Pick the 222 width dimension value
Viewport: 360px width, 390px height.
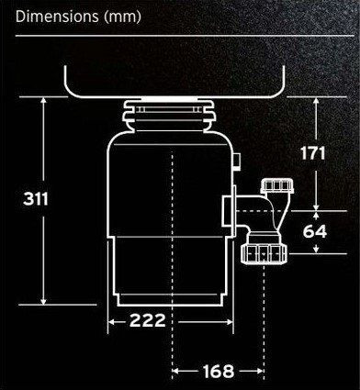point(147,320)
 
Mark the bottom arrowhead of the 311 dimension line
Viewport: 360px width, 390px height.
point(44,301)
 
